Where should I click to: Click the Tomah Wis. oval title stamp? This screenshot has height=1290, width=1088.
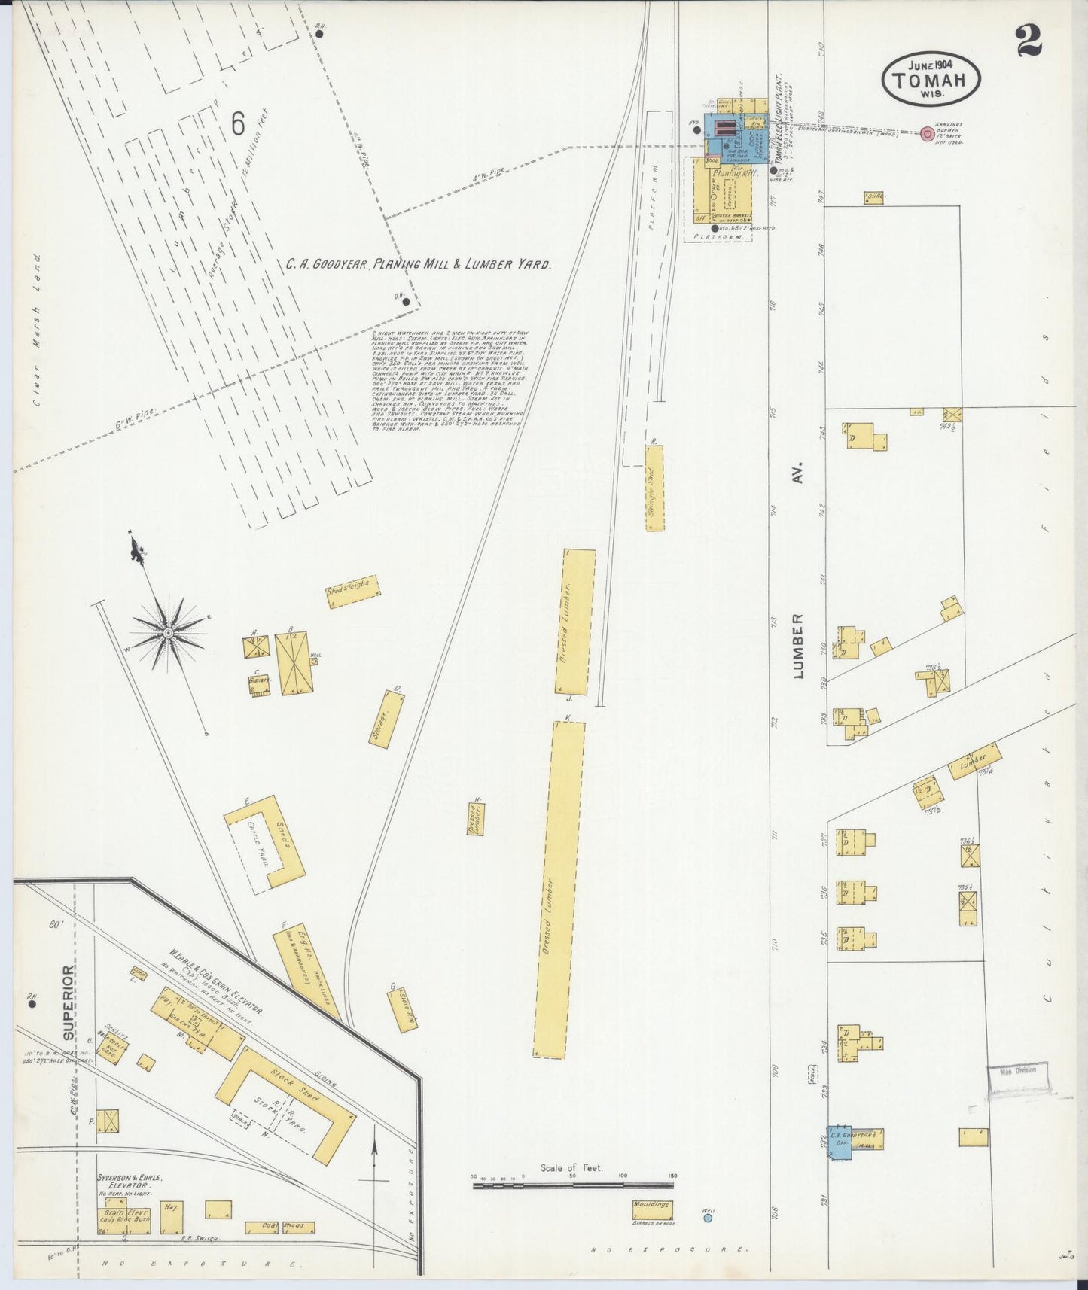(931, 78)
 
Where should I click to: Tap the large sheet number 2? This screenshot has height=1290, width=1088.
(1029, 41)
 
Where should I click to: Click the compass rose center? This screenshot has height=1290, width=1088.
(168, 633)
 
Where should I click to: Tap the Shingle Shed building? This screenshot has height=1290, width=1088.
(654, 488)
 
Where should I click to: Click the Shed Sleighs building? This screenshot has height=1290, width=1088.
(352, 587)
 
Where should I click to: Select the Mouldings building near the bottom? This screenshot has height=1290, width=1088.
(652, 1211)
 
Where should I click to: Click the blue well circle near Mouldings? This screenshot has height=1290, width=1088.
(707, 1217)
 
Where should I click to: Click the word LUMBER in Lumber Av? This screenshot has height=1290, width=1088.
(798, 646)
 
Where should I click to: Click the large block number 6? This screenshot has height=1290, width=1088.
(238, 123)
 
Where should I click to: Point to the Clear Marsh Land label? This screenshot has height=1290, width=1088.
(37, 330)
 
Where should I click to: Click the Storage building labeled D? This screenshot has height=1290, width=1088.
(386, 719)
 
